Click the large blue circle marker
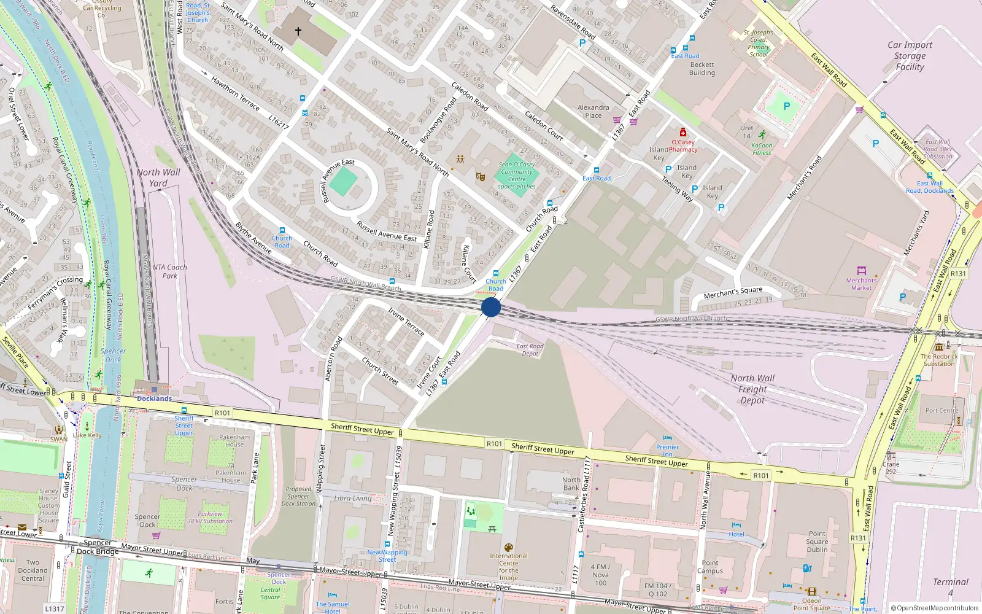491,307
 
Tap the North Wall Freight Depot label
752,389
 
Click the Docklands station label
154,398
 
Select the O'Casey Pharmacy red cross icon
682,133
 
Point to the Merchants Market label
861,284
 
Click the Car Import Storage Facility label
910,56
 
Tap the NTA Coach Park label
169,271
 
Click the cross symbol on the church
298,31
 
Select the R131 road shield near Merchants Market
958,274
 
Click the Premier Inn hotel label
667,451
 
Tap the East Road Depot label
530,350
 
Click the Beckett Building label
702,68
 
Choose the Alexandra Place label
593,111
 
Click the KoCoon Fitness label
762,149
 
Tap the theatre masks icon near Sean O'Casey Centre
481,177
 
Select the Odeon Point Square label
811,604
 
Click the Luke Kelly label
87,435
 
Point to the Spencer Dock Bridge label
98,547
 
